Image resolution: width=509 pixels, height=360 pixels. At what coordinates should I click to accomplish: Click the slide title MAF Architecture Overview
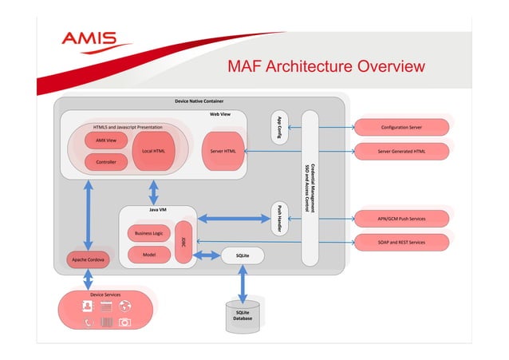point(326,65)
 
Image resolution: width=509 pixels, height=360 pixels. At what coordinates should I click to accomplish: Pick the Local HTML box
point(153,151)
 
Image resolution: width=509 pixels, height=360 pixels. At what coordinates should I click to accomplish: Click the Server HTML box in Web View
point(223,151)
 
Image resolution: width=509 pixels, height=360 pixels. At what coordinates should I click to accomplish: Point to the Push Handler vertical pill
point(279,218)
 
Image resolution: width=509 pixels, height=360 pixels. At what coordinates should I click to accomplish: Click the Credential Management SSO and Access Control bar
point(310,188)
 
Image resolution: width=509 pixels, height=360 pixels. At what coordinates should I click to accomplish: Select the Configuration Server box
point(401,127)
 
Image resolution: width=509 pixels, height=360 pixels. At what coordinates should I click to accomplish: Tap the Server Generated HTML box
point(401,151)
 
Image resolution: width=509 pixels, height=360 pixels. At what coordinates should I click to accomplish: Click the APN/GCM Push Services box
point(401,218)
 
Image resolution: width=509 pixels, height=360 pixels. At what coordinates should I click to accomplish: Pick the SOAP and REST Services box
point(401,241)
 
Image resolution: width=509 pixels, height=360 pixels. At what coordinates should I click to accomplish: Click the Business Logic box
point(148,233)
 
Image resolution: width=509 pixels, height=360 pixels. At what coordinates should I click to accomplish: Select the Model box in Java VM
point(148,255)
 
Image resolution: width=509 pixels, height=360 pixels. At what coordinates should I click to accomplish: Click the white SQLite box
point(243,255)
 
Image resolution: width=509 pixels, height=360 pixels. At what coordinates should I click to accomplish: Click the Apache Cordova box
point(88,260)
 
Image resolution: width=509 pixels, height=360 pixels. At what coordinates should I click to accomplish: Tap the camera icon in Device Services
point(124,322)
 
